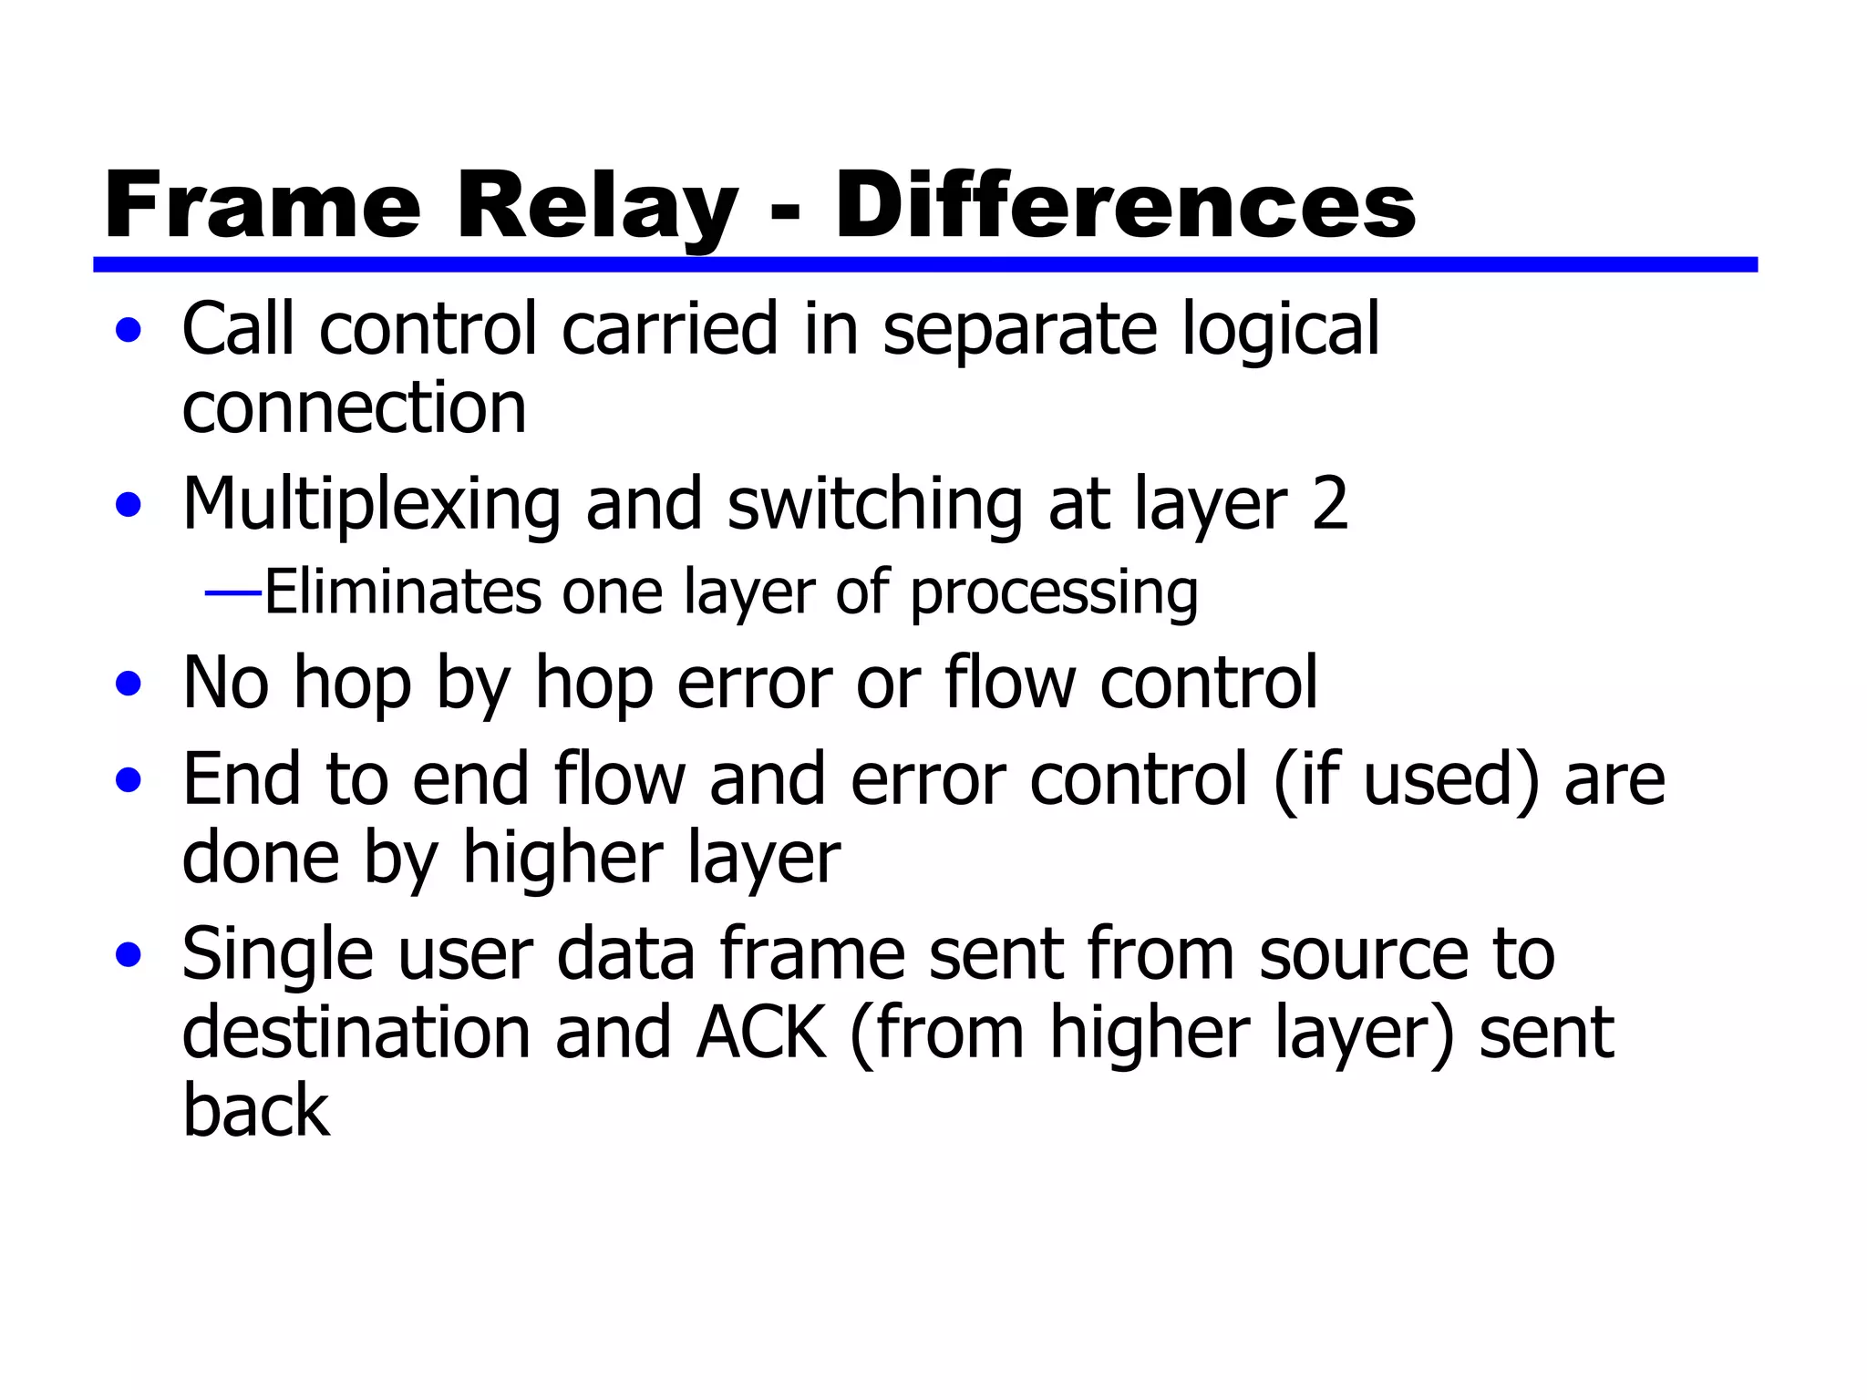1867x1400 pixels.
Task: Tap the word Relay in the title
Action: (x=597, y=208)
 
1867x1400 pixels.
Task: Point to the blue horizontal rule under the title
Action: (x=924, y=264)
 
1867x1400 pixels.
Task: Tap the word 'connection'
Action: (x=354, y=407)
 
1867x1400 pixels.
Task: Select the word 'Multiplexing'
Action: (x=371, y=506)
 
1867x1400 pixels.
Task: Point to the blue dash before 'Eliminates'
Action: (x=233, y=592)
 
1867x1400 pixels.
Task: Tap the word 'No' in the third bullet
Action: (x=225, y=683)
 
